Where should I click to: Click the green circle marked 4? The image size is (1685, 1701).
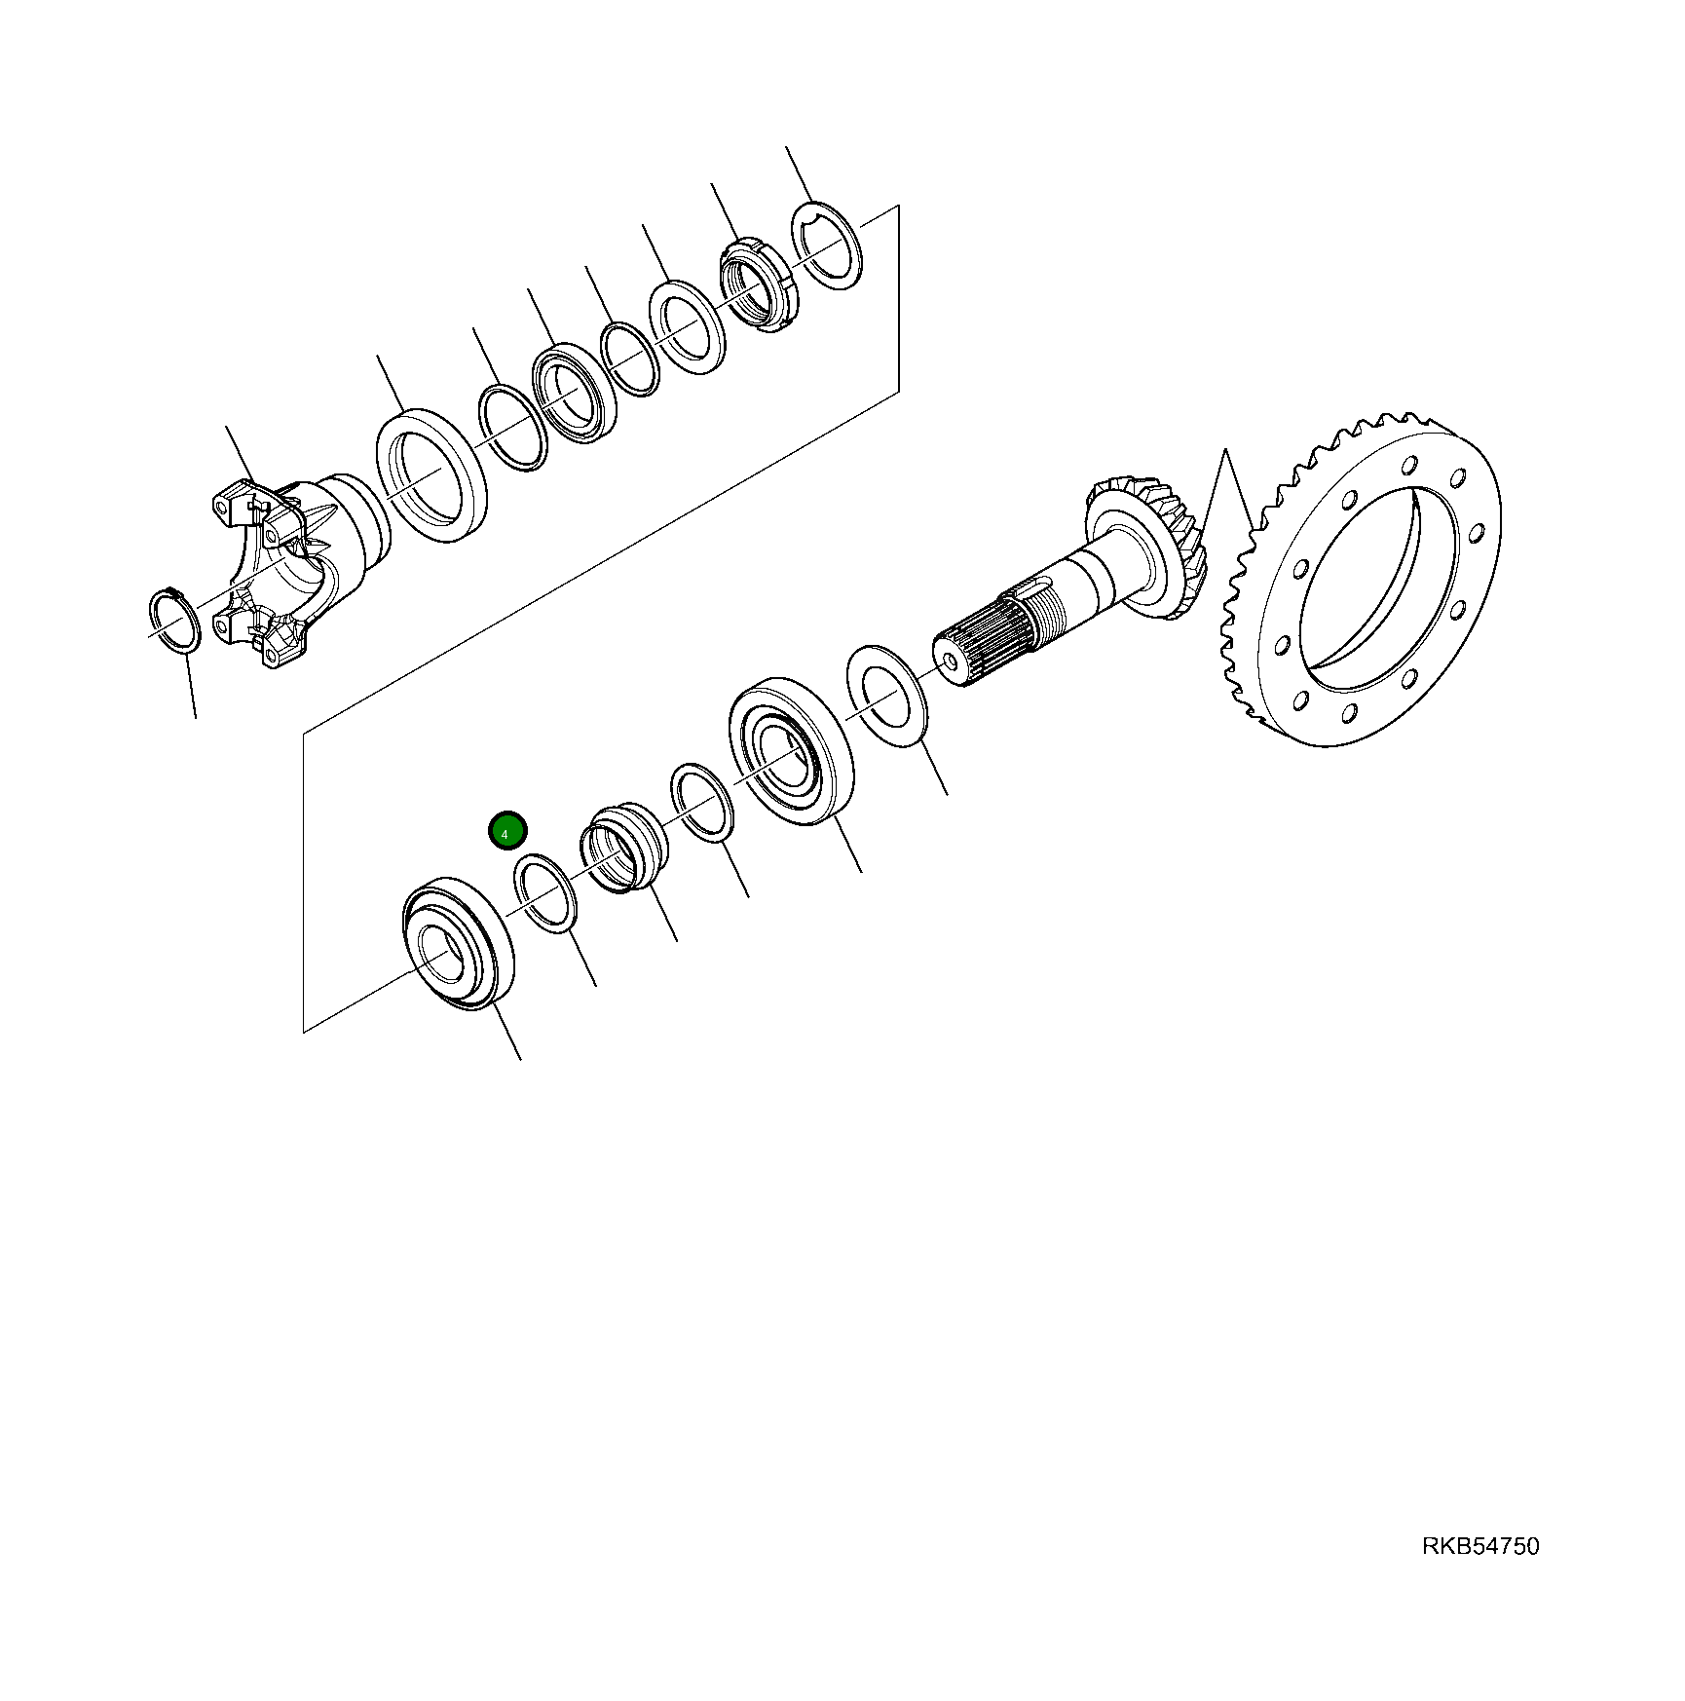coord(506,832)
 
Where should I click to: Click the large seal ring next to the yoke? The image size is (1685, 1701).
coord(431,475)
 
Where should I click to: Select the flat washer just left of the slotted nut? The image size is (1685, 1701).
coord(688,326)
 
